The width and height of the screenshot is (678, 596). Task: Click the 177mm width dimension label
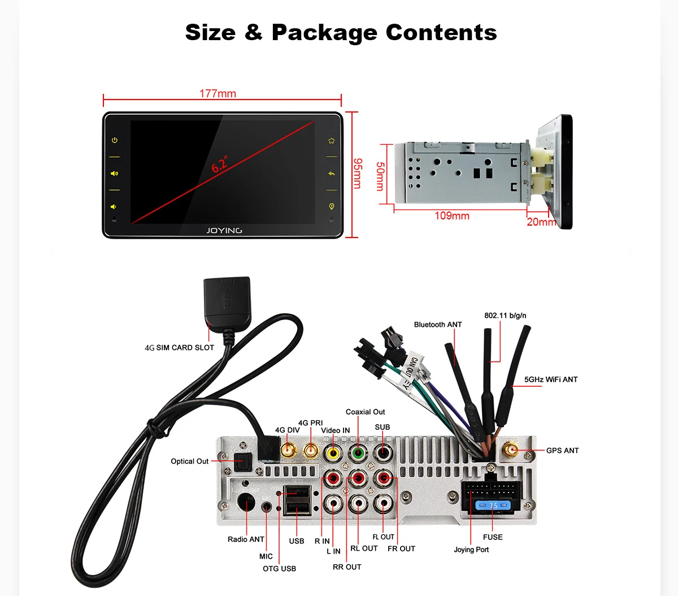(218, 94)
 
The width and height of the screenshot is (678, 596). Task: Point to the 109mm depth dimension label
(451, 216)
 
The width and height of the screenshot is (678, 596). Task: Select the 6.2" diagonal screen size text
(220, 164)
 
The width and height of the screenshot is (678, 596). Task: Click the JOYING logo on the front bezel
(224, 231)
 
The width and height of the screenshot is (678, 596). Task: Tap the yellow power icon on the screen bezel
(115, 140)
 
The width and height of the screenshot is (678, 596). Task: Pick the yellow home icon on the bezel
(332, 141)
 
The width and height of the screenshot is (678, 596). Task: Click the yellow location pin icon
(332, 206)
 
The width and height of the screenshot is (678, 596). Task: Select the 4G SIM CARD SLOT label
(180, 348)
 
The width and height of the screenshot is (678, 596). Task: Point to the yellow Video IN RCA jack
(332, 453)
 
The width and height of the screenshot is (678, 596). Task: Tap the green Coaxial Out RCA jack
(357, 452)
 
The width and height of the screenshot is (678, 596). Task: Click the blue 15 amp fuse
(493, 505)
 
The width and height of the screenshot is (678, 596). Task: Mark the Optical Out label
(189, 461)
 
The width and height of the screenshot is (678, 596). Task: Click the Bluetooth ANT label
(438, 325)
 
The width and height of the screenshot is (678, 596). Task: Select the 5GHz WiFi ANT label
(551, 379)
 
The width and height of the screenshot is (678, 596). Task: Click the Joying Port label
(471, 550)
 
